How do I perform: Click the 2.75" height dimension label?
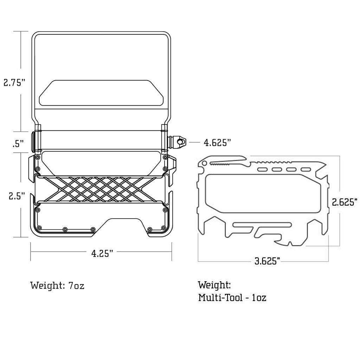[x=14, y=82]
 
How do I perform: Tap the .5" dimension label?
[x=18, y=144]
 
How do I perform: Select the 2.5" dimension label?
[x=17, y=196]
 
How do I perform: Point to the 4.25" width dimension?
[x=102, y=253]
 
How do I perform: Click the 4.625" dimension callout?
[x=217, y=143]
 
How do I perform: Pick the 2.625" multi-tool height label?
[x=345, y=202]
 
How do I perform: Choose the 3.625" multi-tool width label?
[x=268, y=261]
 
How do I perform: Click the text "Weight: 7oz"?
[x=57, y=285]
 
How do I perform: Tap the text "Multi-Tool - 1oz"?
[x=232, y=297]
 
